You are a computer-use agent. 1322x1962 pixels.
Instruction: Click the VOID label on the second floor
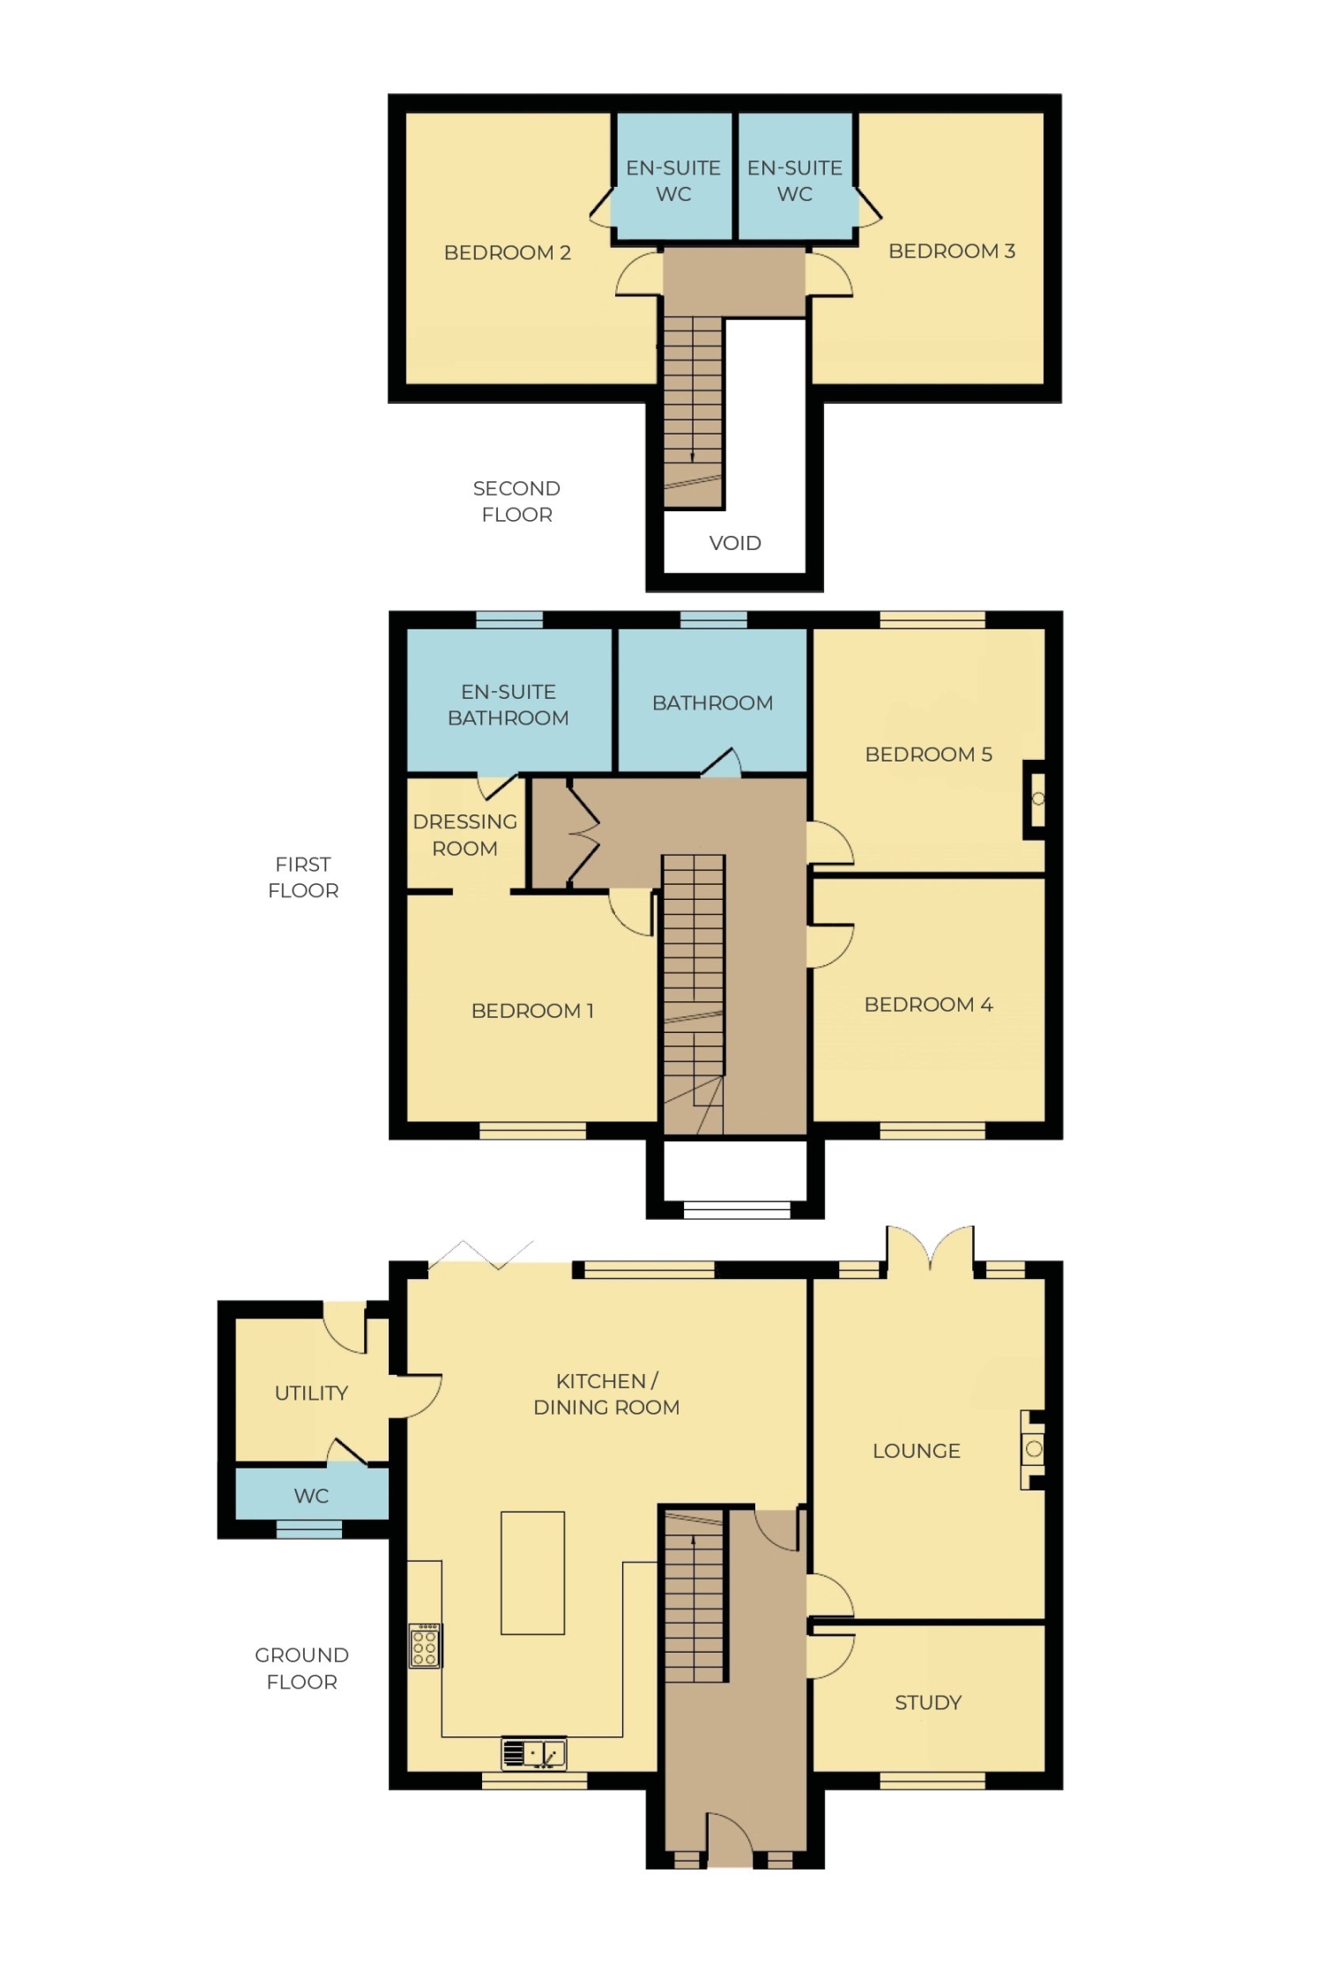point(735,543)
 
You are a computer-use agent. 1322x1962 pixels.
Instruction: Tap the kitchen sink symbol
point(533,1753)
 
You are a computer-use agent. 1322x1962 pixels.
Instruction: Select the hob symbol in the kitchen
point(424,1645)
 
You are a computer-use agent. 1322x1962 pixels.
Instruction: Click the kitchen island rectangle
point(532,1573)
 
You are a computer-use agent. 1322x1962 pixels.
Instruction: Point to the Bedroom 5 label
point(928,754)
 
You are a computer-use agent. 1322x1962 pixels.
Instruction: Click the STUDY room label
point(927,1703)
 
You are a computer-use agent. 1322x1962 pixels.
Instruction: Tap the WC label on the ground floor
point(311,1496)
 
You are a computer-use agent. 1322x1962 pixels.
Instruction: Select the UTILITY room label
point(311,1393)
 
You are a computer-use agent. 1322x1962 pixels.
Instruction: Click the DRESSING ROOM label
point(464,835)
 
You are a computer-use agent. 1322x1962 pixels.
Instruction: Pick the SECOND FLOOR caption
point(516,502)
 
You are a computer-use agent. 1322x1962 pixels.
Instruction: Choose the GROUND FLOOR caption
point(301,1668)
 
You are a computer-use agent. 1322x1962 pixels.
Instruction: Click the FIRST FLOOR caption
point(303,877)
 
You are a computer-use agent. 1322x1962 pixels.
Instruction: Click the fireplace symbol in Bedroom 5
point(1036,799)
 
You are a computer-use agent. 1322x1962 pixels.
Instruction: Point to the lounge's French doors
point(930,1250)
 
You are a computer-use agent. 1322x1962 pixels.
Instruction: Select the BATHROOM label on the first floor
point(712,703)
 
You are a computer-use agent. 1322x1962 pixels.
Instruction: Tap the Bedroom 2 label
point(507,253)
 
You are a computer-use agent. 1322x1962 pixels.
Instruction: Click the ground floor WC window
point(309,1529)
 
